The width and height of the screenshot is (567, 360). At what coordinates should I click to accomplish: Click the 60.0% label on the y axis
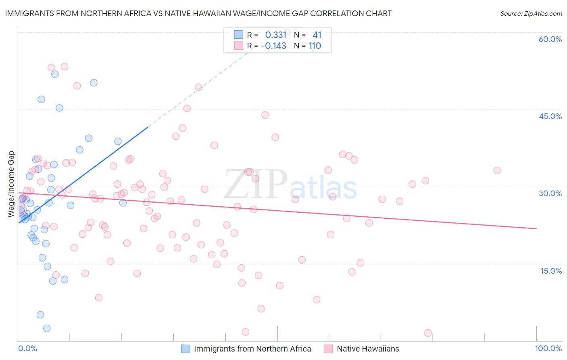(x=550, y=39)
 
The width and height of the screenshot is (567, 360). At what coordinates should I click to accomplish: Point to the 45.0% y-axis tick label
(x=550, y=116)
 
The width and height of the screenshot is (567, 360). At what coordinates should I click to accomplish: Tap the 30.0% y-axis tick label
(x=550, y=193)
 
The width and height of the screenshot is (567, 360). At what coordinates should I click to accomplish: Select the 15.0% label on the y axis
(x=551, y=271)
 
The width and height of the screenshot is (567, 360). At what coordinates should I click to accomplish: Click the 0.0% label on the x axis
(x=27, y=348)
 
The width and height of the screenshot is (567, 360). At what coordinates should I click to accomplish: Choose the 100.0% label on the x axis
(x=548, y=348)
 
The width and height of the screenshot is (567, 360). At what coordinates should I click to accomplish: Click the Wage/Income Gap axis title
(x=11, y=184)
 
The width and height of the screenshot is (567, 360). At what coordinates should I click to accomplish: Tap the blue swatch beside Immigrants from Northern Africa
(x=186, y=349)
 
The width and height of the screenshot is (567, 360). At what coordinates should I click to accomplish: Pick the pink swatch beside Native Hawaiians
(x=328, y=349)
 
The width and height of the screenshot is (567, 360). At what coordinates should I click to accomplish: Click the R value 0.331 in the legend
(x=275, y=35)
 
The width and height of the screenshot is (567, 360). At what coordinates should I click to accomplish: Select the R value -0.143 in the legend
(x=273, y=46)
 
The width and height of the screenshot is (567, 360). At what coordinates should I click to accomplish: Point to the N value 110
(x=315, y=46)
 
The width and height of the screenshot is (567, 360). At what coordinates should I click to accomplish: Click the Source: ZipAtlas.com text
(x=531, y=14)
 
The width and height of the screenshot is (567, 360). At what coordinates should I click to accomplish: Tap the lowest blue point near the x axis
(x=47, y=328)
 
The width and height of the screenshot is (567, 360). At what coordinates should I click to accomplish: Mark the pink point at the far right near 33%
(x=497, y=171)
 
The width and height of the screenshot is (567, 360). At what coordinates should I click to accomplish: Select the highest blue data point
(x=55, y=74)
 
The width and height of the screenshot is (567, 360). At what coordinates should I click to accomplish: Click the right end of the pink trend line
(x=536, y=228)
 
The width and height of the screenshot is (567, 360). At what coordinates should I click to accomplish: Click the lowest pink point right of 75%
(x=428, y=333)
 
